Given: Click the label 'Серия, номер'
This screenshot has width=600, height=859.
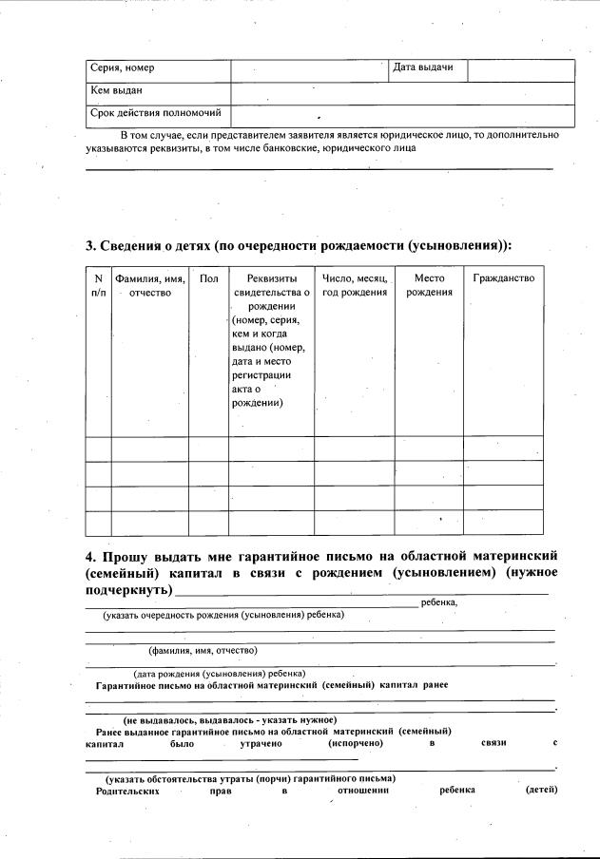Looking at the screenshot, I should [122, 68].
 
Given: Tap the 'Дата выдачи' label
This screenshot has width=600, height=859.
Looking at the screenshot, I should [423, 68].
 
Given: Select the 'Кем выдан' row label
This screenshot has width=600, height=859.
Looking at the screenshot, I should [116, 91].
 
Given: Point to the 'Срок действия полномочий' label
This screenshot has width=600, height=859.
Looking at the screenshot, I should [155, 113].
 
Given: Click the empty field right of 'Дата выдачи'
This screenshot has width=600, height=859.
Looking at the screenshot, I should [521, 69].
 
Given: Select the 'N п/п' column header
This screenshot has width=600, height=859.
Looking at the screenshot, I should [98, 285].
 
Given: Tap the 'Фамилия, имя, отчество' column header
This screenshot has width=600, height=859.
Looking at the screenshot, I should [149, 285].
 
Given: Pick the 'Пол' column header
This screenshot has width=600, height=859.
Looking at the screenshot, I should [208, 278].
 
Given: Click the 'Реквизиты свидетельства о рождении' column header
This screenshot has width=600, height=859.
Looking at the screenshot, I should [271, 340].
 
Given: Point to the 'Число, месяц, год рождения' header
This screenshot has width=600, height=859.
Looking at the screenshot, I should [355, 285].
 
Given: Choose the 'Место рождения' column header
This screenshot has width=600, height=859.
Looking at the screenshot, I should [429, 285].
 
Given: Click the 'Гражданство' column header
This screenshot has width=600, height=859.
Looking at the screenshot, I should [503, 278].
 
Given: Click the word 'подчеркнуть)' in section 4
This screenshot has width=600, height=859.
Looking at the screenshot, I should [128, 590].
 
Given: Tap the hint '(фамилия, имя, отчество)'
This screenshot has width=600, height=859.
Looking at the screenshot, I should [203, 651].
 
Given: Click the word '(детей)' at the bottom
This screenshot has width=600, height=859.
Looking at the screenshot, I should [540, 790].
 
